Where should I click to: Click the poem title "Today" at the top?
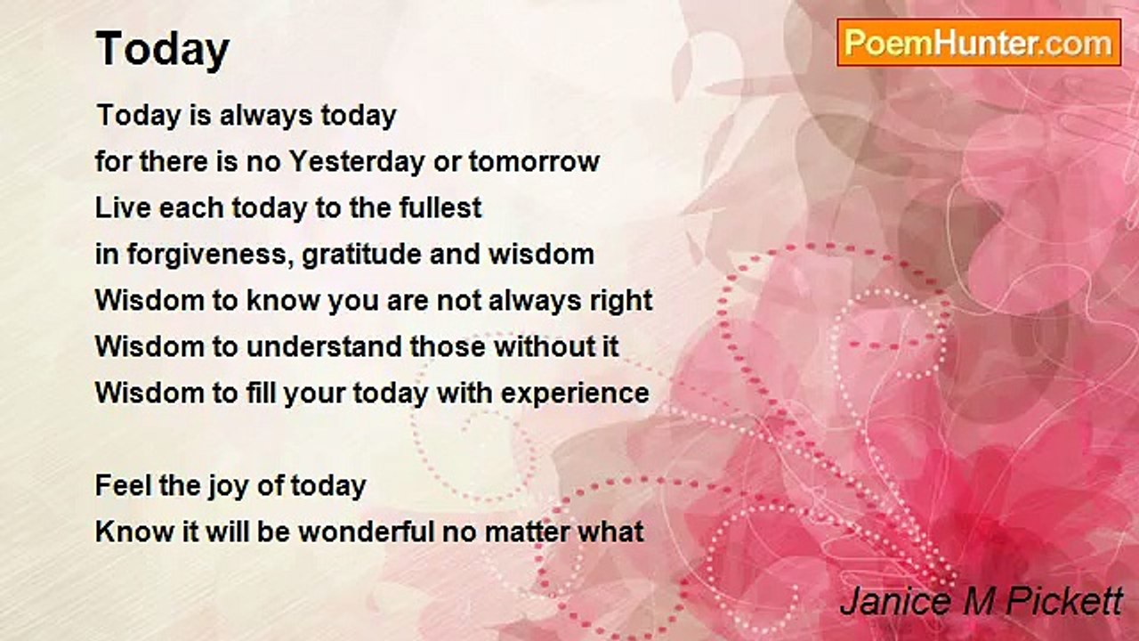point(163,50)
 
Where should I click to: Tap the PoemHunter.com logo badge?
point(979,43)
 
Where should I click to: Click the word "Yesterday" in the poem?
point(357,162)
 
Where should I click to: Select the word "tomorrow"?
point(535,162)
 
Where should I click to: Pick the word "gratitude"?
point(362,255)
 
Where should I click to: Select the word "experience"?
point(575,394)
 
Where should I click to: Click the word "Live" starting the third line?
point(123,207)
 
